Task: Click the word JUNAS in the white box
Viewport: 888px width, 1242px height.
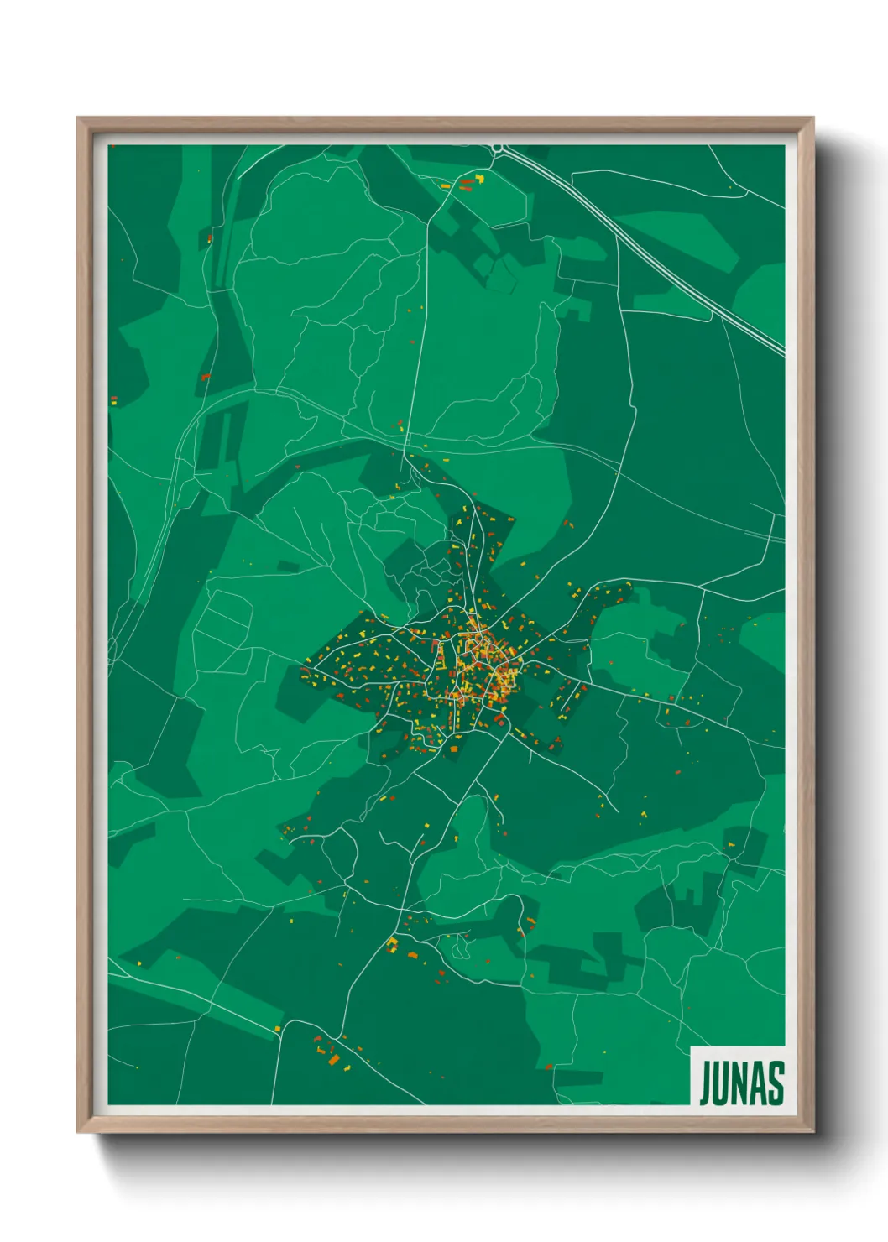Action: pyautogui.click(x=741, y=1083)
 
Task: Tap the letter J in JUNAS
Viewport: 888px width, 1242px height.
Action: pyautogui.click(x=706, y=1083)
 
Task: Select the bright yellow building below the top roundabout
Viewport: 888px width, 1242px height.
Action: pyautogui.click(x=480, y=177)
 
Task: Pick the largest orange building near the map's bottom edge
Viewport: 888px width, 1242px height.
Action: pyautogui.click(x=334, y=1061)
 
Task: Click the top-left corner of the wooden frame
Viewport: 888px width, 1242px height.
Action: pyautogui.click(x=79, y=119)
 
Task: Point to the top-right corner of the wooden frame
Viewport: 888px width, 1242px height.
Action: pyautogui.click(x=811, y=119)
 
